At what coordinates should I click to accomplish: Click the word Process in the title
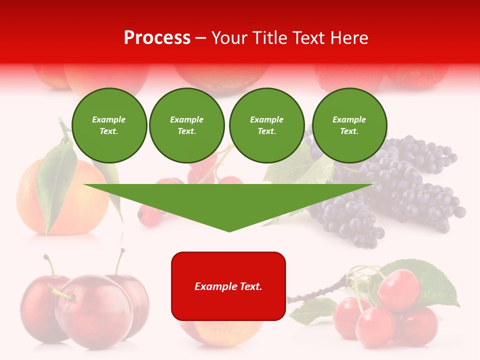point(157,38)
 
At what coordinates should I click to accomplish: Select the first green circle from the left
point(109,125)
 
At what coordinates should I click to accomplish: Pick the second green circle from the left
point(186,125)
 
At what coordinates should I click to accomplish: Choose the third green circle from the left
point(266,125)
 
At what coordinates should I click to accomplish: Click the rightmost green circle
point(349,125)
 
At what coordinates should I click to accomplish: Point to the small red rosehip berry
point(149,216)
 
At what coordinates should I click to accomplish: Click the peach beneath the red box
point(220,332)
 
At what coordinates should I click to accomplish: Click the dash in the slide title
point(201,38)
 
